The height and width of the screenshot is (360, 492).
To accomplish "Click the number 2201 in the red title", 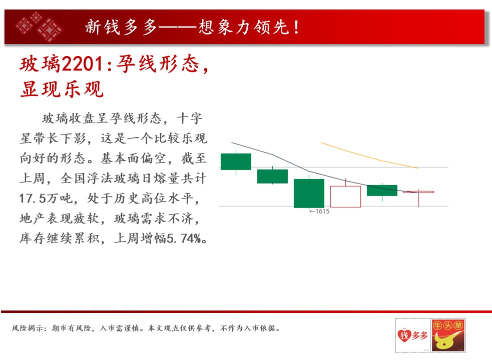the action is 82,63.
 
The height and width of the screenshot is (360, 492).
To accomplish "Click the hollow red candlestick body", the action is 345,196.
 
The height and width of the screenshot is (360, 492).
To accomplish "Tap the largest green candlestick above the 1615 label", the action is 309,193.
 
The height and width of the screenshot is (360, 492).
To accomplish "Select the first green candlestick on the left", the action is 236,161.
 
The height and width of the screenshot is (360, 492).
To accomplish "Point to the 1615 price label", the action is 319,211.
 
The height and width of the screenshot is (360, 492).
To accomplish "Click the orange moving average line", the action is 369,155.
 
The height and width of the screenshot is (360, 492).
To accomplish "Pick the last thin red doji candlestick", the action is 418,192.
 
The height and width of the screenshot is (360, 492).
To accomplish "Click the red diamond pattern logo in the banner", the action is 39,26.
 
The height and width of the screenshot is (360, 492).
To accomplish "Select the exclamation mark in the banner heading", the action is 296,27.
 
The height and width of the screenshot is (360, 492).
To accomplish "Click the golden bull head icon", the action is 448,335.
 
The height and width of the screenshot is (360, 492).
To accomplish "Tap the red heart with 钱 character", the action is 404,335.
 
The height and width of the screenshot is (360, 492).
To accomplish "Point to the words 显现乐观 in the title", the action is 62,89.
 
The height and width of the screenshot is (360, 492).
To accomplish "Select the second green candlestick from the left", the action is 272,176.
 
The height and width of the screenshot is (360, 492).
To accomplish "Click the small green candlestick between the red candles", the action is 382,190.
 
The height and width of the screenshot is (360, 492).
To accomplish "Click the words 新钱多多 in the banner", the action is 121,27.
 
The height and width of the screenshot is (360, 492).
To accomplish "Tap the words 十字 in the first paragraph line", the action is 190,118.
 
